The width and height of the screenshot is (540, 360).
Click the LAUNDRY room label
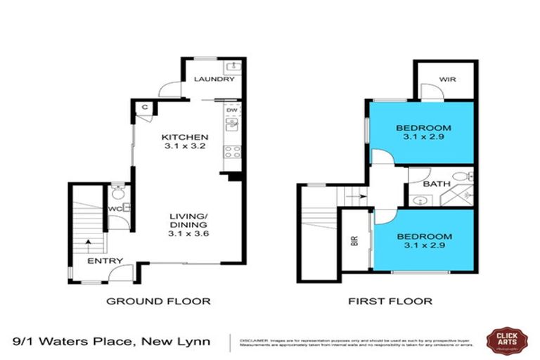point(214,79)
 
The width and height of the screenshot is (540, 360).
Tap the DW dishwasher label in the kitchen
point(231,110)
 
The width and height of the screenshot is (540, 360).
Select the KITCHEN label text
point(185,137)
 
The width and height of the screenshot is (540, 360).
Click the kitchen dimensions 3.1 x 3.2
point(185,147)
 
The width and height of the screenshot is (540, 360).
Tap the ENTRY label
point(105,262)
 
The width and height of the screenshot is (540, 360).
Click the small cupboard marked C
point(145,107)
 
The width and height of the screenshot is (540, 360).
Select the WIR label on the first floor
point(447,79)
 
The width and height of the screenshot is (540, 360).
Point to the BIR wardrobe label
point(354,243)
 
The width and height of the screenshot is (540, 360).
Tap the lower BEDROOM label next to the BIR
point(423,236)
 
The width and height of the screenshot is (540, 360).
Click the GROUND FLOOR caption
point(158,301)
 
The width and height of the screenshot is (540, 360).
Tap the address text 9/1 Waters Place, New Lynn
point(116,342)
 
